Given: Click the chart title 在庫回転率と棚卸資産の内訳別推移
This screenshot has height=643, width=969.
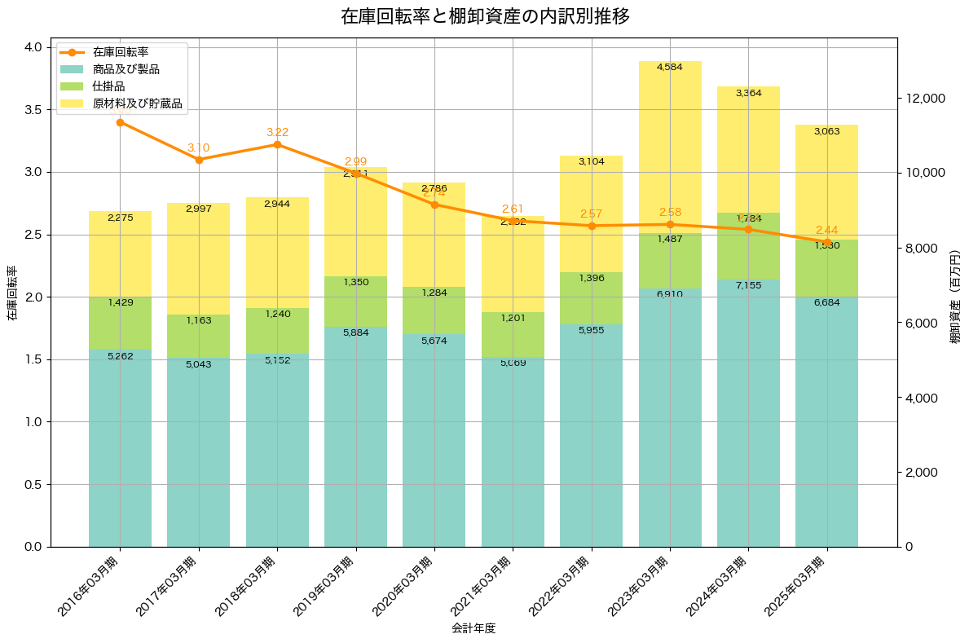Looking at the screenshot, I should coord(485,16).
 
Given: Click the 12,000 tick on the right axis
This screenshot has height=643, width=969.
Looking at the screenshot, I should coord(925,98).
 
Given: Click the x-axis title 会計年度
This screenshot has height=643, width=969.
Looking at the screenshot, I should coord(473,628).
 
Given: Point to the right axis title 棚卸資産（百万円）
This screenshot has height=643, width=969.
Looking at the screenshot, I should coord(955,297).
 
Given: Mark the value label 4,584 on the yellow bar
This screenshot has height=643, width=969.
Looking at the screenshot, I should coord(670,67).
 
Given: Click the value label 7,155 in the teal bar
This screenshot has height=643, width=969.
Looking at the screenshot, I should coord(748,286).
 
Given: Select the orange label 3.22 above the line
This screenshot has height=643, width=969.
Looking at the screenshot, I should coord(277,132).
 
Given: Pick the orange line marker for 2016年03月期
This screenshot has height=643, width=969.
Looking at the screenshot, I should coord(120,122).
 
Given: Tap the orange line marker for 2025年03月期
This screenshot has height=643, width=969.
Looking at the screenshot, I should coord(827,243).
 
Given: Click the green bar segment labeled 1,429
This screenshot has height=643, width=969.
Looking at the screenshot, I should coord(120,324).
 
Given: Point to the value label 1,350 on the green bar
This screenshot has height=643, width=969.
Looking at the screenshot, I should coord(355,282).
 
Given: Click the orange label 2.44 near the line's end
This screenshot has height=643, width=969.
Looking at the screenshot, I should coord(826,230).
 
